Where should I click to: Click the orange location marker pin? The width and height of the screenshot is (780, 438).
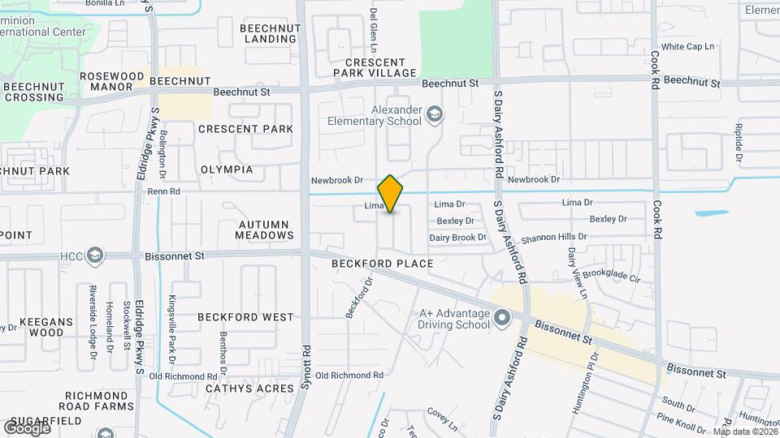click(x=391, y=193)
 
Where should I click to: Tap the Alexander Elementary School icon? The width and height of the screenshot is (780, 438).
click(x=435, y=114)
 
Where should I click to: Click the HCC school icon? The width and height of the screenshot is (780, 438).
click(x=96, y=256)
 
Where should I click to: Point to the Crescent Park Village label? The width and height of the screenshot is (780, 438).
click(x=375, y=67)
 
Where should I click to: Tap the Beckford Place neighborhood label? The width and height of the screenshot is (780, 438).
click(x=382, y=264)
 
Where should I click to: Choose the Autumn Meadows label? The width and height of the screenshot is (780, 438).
click(x=264, y=229)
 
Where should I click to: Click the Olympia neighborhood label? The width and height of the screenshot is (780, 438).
click(x=227, y=170)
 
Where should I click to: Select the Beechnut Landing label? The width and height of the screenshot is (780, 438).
click(x=271, y=33)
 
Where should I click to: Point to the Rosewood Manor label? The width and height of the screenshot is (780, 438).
click(x=106, y=81)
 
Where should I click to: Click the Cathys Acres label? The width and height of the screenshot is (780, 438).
click(x=249, y=389)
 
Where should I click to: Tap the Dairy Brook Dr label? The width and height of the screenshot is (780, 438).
click(x=457, y=238)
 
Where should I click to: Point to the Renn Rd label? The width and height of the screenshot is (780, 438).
click(x=162, y=192)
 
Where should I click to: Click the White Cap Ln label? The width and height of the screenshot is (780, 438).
click(x=687, y=47)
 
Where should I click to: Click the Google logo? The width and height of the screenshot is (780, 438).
click(x=27, y=427)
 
